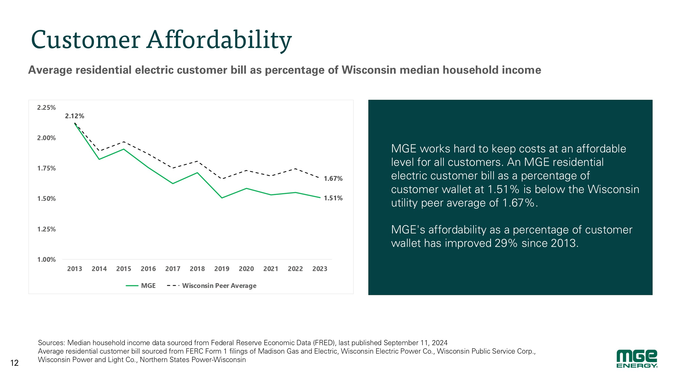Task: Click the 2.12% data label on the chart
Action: [x=75, y=116]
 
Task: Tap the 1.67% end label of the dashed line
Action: [x=333, y=179]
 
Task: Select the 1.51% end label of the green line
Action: [x=333, y=198]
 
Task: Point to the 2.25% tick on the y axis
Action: [x=46, y=108]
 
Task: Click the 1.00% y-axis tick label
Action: [x=46, y=260]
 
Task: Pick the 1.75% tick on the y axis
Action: [x=46, y=168]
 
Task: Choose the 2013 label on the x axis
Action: [x=75, y=269]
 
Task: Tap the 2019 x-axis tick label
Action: [x=222, y=269]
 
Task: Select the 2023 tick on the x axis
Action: [x=320, y=269]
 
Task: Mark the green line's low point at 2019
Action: [x=222, y=198]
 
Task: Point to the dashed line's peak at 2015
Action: [x=124, y=142]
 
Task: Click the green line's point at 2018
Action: [x=197, y=173]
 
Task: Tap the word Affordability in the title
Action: [x=219, y=40]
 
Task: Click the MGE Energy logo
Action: [x=637, y=359]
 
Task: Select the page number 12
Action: [x=15, y=363]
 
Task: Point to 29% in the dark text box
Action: [x=506, y=243]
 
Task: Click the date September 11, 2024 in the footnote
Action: [x=416, y=343]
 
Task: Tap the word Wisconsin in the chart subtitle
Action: [x=369, y=70]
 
